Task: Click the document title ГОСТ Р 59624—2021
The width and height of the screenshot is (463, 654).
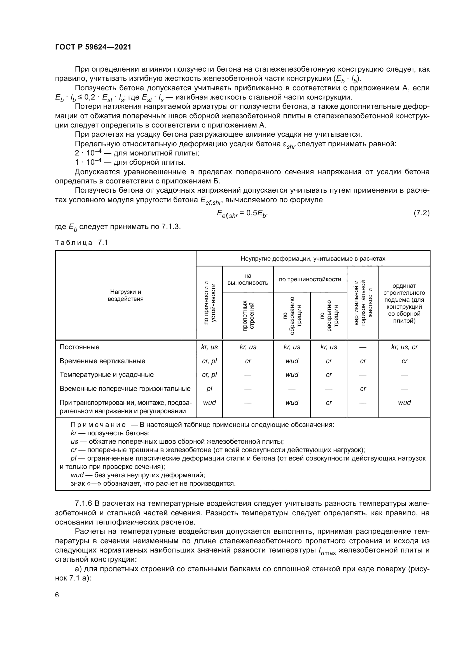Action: [x=93, y=47]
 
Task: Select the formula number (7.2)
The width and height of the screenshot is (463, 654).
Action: [x=421, y=213]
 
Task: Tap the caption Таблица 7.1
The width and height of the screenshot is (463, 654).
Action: [x=81, y=243]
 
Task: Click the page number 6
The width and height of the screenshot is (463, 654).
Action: [x=57, y=595]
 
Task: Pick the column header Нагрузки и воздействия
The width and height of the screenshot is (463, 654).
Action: [x=125, y=295]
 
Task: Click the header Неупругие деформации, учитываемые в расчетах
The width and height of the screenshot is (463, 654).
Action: [x=313, y=259]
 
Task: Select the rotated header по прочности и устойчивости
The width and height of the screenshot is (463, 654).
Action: [x=210, y=303]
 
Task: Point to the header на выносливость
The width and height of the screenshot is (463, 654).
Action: [x=248, y=279]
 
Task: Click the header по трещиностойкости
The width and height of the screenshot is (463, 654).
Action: [x=310, y=279]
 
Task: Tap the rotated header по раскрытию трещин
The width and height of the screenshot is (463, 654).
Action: [x=329, y=316]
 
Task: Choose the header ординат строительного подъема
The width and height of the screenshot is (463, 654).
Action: [x=404, y=303]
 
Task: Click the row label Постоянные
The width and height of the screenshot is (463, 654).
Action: [x=79, y=347]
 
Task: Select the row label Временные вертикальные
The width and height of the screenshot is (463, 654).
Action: [x=102, y=361]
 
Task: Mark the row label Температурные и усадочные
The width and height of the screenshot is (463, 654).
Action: [x=106, y=375]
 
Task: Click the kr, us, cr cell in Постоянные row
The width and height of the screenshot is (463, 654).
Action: [x=404, y=347]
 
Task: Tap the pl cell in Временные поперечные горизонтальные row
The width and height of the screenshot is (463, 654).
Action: [x=209, y=389]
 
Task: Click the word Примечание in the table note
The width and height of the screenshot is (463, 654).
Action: [x=98, y=425]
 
